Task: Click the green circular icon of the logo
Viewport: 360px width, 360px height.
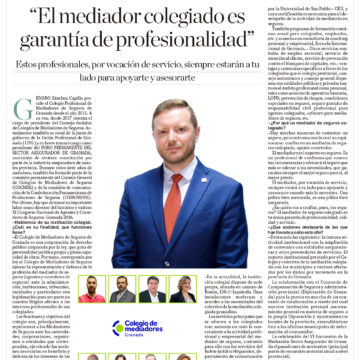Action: pyautogui.click(x=117, y=327)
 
